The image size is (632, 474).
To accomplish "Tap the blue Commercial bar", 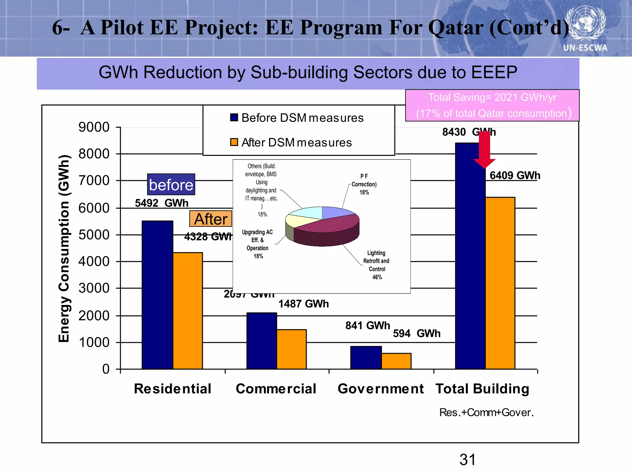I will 262,341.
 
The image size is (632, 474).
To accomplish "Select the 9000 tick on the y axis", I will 94,127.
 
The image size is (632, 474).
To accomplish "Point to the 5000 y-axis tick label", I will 94,235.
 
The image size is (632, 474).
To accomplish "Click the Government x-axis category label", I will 380,389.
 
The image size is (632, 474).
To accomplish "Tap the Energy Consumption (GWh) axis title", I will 64,248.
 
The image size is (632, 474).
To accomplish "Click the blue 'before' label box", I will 171,185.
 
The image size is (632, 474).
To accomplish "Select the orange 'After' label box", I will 211,219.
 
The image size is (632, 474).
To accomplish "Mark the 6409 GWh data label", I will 515,176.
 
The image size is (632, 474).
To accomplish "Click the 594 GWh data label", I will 417,334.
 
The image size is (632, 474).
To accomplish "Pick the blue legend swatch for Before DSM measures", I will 234,118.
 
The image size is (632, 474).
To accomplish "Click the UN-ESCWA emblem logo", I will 585,26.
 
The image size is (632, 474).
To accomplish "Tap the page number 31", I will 468,460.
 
